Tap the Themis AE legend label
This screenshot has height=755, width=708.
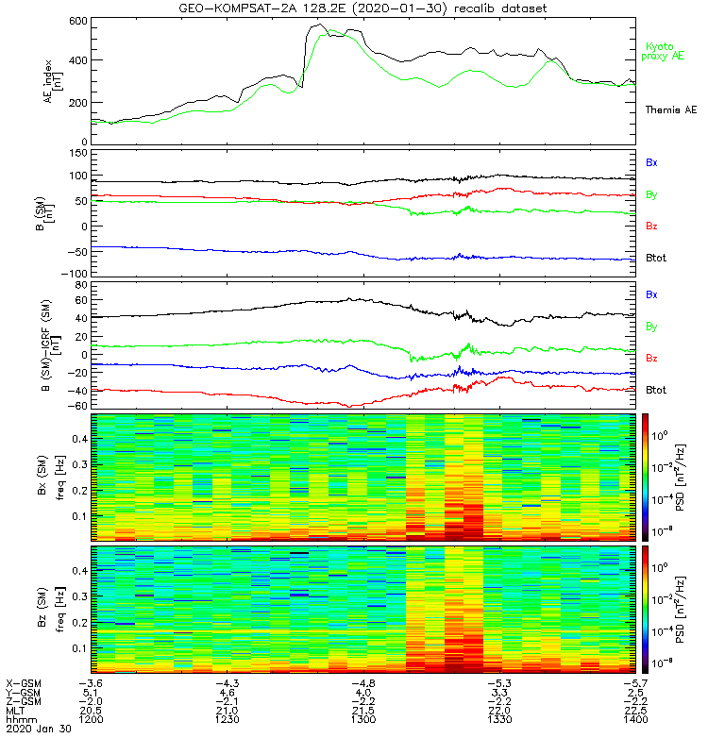click(670, 110)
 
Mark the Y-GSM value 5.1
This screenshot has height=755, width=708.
click(91, 691)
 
